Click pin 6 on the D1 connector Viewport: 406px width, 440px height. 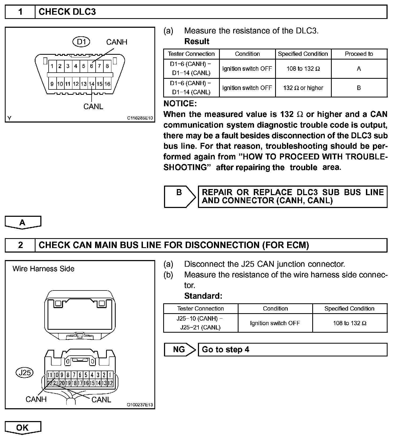pyautogui.click(x=91, y=66)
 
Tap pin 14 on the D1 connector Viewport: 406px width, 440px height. pyautogui.click(x=92, y=84)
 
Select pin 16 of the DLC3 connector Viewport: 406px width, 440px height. pyautogui.click(x=107, y=84)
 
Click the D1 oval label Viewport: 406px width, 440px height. pyautogui.click(x=81, y=42)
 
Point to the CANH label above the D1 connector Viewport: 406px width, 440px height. pyautogui.click(x=116, y=42)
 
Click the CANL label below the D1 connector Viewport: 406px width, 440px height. pyautogui.click(x=93, y=107)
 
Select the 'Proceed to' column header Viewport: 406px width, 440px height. pyautogui.click(x=359, y=54)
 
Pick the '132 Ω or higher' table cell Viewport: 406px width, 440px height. pyautogui.click(x=303, y=88)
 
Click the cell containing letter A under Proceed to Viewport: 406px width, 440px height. pyautogui.click(x=359, y=69)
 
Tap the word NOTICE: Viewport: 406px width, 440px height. pyautogui.click(x=180, y=104)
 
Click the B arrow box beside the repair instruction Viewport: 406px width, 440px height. pyautogui.click(x=179, y=197)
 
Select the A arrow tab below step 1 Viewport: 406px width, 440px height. pyautogui.click(x=23, y=222)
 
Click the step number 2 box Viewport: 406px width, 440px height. pyautogui.click(x=20, y=245)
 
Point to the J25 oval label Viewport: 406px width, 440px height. pyautogui.click(x=25, y=372)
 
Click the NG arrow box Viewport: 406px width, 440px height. pyautogui.click(x=179, y=349)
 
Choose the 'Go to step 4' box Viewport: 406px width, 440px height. pyautogui.click(x=292, y=349)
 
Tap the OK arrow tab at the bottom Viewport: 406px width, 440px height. pyautogui.click(x=23, y=427)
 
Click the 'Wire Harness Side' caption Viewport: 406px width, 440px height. pyautogui.click(x=43, y=269)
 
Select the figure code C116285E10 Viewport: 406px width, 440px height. pyautogui.click(x=140, y=118)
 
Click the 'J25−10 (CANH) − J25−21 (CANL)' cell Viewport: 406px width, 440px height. pyautogui.click(x=200, y=323)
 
